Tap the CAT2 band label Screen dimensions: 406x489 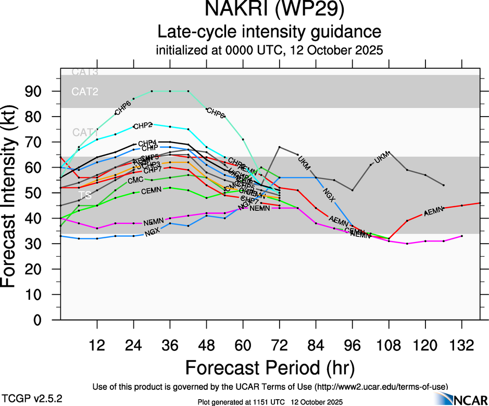(85, 92)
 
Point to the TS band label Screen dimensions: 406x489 (84, 195)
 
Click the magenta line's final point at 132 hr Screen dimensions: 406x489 (461, 236)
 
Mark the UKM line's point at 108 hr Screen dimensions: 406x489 (388, 152)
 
